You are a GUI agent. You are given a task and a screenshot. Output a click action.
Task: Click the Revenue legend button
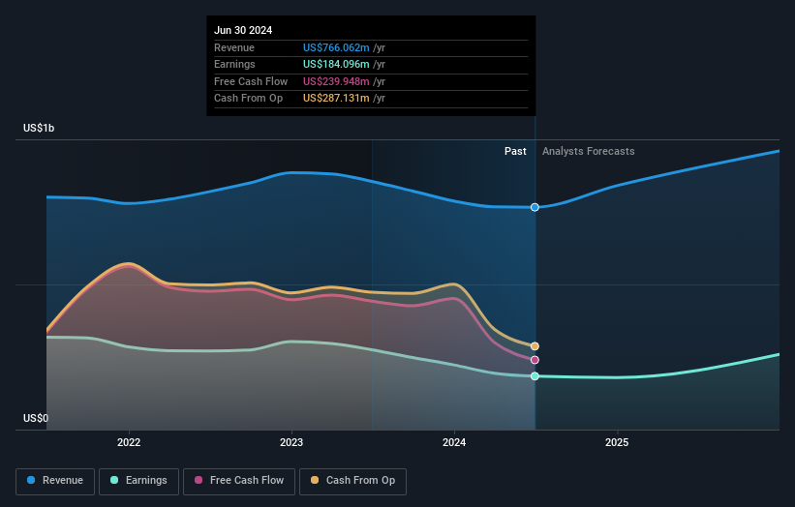click(x=54, y=480)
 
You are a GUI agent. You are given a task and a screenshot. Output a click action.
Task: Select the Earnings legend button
click(x=138, y=480)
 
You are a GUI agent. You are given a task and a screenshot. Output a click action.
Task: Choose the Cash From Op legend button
click(x=352, y=480)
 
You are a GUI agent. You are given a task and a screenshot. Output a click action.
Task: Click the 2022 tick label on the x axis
click(x=129, y=442)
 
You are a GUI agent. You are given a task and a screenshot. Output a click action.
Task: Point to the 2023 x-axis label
click(x=291, y=442)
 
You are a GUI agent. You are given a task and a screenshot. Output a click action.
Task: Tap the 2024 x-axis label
click(x=454, y=442)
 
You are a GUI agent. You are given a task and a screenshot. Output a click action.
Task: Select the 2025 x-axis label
click(x=617, y=442)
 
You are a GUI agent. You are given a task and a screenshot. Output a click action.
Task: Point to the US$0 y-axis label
click(x=36, y=418)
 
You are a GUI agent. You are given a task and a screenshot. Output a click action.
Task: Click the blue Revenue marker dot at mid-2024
click(x=535, y=207)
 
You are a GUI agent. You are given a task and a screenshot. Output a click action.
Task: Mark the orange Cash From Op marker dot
click(x=535, y=346)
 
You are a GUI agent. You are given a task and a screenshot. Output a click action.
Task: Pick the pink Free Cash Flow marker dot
click(x=535, y=360)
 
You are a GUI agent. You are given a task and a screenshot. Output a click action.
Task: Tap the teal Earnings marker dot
click(x=535, y=376)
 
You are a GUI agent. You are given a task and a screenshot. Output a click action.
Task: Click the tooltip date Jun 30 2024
click(x=243, y=30)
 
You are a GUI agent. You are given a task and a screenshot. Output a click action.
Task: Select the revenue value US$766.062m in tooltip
click(x=336, y=47)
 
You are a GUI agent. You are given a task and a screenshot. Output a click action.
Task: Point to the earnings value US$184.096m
click(x=336, y=64)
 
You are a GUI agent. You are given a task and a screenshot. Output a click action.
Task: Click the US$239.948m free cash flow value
click(x=336, y=81)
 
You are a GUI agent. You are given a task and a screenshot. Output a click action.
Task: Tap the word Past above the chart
click(x=515, y=151)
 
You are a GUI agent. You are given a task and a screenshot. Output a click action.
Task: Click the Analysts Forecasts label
click(x=589, y=151)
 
